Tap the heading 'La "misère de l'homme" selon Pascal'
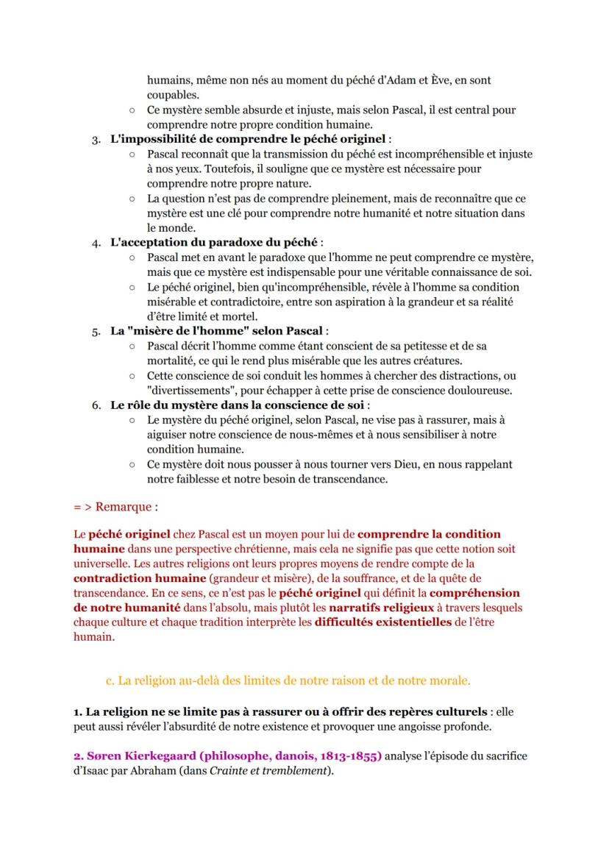pos(218,331)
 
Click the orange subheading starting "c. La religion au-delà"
pos(288,680)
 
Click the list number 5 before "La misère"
pos(96,331)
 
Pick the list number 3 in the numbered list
pos(96,140)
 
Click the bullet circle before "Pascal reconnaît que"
pos(131,154)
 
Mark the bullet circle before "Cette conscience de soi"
pos(131,376)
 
